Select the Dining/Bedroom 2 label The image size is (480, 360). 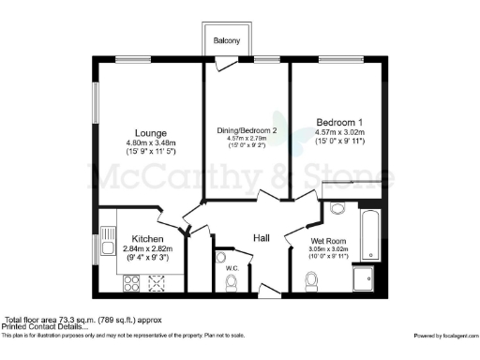tap(247, 129)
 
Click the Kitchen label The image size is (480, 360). tap(148, 238)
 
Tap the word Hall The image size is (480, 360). tap(262, 239)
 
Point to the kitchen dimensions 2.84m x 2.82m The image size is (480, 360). tap(148, 248)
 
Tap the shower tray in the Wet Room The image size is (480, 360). tap(364, 277)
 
